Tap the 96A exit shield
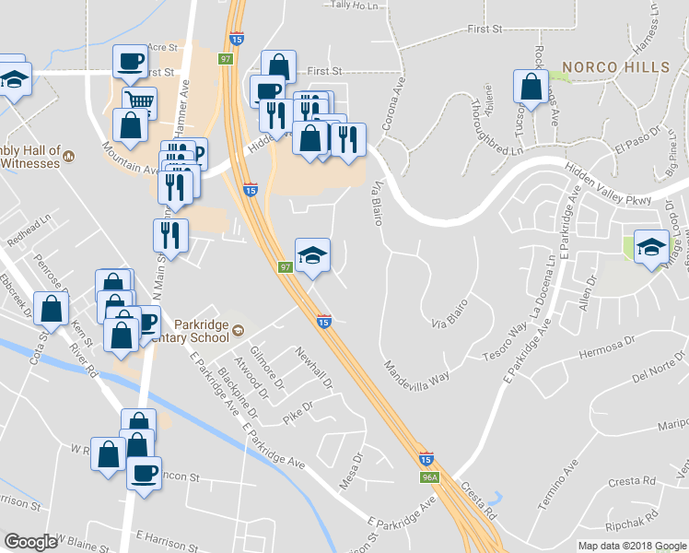tap(428, 477)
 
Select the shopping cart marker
tap(139, 100)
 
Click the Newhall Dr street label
tap(313, 365)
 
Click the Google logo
tap(29, 541)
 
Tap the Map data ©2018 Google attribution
tap(632, 546)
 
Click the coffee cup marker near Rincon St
tap(144, 474)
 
